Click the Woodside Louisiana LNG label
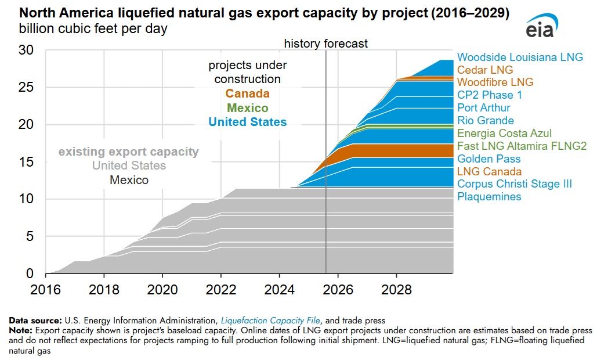(x=520, y=57)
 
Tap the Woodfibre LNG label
(x=495, y=82)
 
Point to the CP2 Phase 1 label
(x=490, y=95)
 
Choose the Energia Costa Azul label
(x=504, y=134)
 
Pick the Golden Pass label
(x=489, y=159)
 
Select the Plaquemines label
(x=489, y=197)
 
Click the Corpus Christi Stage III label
(x=515, y=184)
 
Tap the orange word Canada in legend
(x=247, y=93)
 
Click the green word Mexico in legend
(x=247, y=108)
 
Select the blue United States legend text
(x=247, y=122)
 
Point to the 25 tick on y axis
(x=27, y=88)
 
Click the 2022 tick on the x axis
(x=220, y=289)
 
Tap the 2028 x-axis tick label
(x=396, y=289)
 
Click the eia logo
(x=541, y=28)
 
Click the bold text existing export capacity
(x=128, y=152)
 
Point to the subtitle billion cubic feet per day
(x=93, y=29)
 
